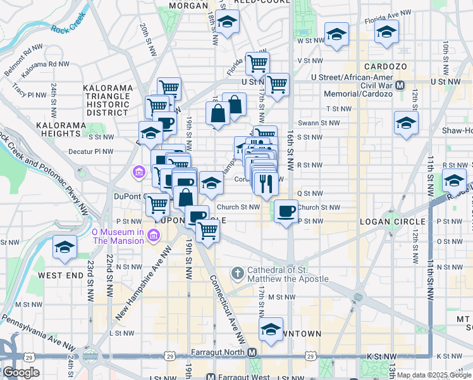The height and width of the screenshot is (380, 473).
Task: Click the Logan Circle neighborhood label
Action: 386,221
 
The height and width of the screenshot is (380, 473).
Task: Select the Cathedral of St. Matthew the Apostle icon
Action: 238,274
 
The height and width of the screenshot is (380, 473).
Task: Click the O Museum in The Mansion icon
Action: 152,236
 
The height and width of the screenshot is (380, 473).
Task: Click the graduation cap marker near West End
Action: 64,248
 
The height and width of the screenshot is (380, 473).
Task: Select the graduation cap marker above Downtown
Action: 271,329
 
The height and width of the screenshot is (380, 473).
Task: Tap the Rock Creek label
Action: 68,28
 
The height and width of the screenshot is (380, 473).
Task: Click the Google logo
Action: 21,372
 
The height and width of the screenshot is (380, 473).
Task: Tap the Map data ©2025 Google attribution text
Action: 434,375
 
